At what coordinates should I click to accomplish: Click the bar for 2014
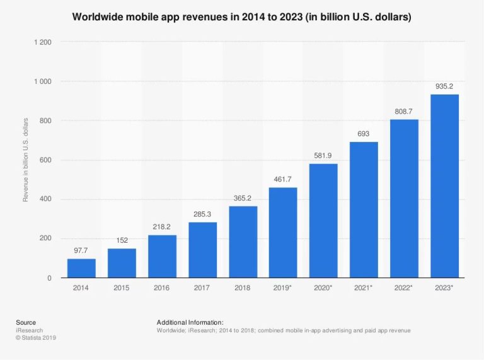tap(81, 268)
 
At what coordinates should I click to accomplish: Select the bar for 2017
tap(202, 250)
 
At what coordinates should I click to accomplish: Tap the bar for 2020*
tap(323, 221)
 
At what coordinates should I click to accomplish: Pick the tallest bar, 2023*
tap(444, 186)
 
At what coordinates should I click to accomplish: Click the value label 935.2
tap(444, 86)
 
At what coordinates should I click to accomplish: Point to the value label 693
tap(364, 134)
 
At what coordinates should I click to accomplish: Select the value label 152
tap(122, 240)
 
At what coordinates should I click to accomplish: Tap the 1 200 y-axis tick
tap(42, 42)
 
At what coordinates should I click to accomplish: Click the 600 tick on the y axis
tap(46, 160)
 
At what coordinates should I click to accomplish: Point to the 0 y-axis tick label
tap(49, 278)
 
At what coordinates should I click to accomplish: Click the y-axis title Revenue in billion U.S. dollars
tap(26, 160)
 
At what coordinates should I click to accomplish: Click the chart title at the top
tap(242, 17)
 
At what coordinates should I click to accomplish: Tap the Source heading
tap(26, 322)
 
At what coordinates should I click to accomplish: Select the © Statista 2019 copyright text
tap(36, 338)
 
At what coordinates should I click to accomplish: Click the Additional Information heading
tap(190, 322)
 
